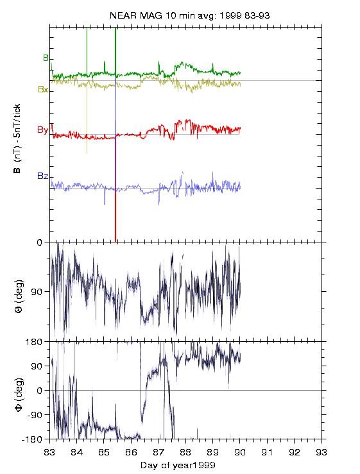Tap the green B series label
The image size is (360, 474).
point(46,58)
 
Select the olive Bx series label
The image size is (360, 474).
point(43,89)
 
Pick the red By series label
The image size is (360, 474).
point(42,130)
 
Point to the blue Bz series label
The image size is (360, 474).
point(42,176)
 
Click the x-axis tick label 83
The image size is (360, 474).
point(49,452)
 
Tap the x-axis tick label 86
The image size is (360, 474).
point(131,452)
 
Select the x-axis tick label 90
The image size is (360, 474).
point(240,452)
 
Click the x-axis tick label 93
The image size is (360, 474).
point(321,452)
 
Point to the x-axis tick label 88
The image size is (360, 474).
point(185,452)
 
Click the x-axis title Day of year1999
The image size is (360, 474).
point(178,465)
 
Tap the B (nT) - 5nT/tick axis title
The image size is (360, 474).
point(17,138)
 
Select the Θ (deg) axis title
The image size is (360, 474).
point(19,296)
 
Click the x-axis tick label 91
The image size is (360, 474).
point(267,452)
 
